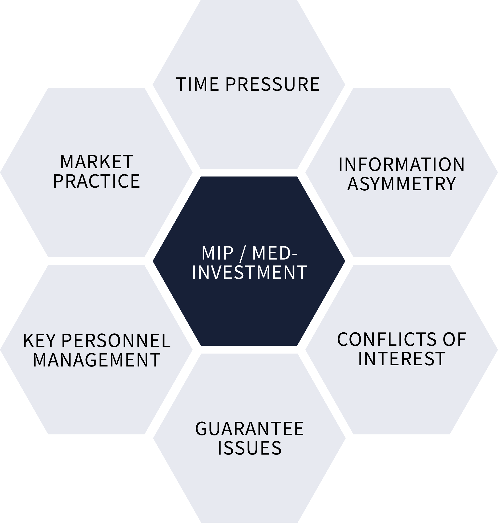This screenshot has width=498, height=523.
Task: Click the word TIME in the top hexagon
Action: click(x=197, y=85)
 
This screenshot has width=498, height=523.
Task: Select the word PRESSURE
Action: click(x=272, y=85)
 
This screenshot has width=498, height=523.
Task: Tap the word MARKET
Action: click(x=97, y=162)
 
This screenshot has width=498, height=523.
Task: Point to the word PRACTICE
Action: click(x=97, y=181)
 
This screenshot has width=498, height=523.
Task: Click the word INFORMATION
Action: click(x=401, y=165)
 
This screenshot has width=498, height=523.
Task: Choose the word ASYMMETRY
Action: click(x=401, y=184)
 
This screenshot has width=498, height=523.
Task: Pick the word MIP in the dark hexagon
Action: click(x=217, y=253)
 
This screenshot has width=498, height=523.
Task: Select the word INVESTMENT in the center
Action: click(x=249, y=273)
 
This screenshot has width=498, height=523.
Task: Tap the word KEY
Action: click(x=39, y=341)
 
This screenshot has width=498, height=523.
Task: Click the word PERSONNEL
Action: click(x=116, y=341)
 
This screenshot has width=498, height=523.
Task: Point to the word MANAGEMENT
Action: click(x=97, y=360)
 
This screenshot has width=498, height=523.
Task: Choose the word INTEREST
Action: click(x=401, y=359)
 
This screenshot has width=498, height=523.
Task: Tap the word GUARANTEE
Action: click(x=249, y=429)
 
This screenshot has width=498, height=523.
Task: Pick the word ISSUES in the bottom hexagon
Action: click(x=249, y=448)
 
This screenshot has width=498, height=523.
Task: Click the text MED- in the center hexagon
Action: click(x=275, y=253)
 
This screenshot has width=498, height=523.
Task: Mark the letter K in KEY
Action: click(x=28, y=341)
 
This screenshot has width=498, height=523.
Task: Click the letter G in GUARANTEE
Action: click(x=201, y=429)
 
